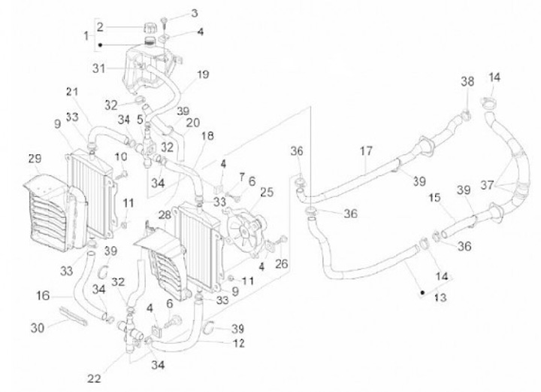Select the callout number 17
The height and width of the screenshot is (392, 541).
coord(366,151)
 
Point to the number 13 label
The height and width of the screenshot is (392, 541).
coord(440,298)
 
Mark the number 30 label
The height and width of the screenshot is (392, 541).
coord(38,327)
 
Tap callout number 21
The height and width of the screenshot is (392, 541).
coord(72,92)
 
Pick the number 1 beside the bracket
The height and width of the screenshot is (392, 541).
coord(86,35)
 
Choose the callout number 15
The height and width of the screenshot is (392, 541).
coord(434,198)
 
